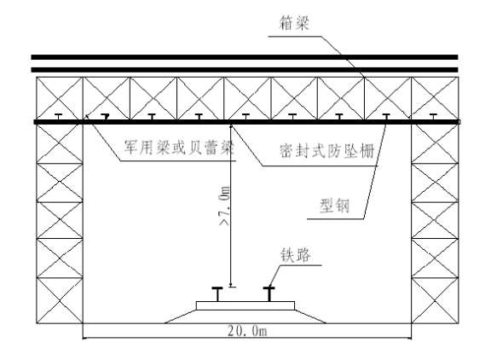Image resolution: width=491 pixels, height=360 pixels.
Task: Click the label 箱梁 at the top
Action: coord(294,24)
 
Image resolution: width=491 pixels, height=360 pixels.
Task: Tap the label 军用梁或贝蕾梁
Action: coord(179,148)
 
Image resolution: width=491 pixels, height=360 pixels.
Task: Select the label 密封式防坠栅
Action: coord(327,151)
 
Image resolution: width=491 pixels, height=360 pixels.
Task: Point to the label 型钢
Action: coord(334,206)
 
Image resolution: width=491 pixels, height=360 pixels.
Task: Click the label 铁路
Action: coord(295,255)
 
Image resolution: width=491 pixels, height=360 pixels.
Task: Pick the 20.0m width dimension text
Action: coord(247,331)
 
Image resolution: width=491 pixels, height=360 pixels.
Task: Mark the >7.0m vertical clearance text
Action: coord(225,206)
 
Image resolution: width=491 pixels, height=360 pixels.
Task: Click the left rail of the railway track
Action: coord(217,293)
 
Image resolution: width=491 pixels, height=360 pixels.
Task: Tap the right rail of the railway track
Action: coord(269,293)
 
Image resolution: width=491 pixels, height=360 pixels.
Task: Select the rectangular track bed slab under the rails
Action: coord(245,305)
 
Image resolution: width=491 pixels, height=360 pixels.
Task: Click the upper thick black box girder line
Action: coord(245,57)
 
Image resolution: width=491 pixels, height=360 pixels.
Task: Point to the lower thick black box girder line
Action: coord(245,70)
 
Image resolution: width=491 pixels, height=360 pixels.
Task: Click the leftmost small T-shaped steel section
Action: coord(58,117)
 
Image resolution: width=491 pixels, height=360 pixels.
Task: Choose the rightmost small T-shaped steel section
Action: coord(433,117)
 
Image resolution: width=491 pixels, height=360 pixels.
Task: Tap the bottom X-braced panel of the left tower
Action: coord(60,300)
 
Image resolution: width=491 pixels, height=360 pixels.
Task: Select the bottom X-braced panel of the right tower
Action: coord(435,300)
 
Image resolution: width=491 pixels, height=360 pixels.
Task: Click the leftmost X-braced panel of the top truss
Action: coord(60,98)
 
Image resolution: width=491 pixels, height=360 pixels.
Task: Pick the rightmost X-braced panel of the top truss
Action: coord(435,98)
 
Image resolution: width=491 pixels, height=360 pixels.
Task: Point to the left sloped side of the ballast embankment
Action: coord(181,316)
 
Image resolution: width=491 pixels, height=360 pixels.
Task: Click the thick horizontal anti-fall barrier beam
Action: coord(246,122)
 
